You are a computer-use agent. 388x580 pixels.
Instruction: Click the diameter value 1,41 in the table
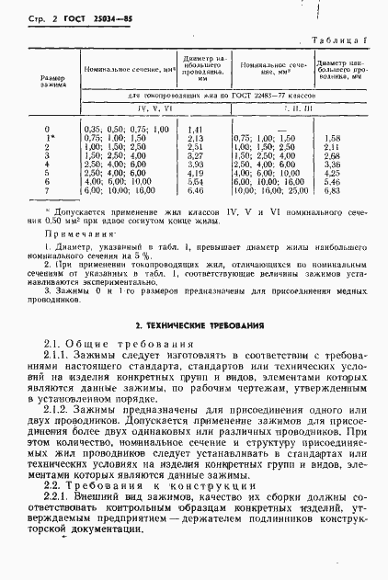[x=195, y=129]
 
